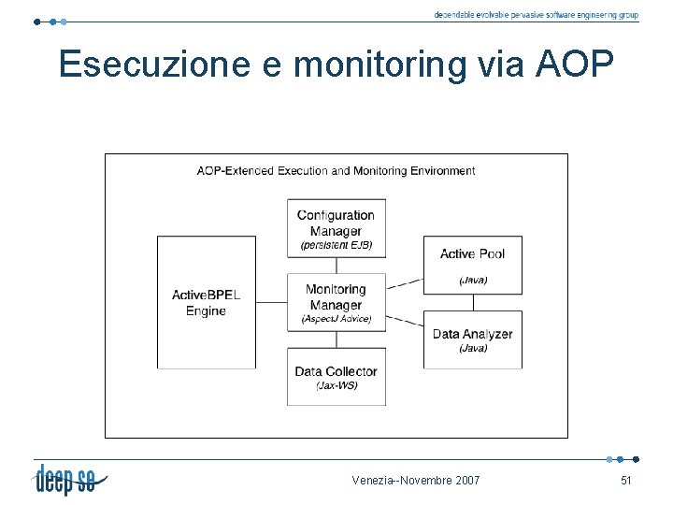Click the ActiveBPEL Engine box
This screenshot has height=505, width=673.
pyautogui.click(x=206, y=302)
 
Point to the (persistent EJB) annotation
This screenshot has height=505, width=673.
pyautogui.click(x=336, y=245)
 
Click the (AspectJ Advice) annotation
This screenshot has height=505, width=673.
pyautogui.click(x=336, y=319)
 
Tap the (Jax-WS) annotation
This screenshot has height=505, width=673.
pyautogui.click(x=336, y=385)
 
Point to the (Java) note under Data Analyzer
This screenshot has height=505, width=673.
pyautogui.click(x=473, y=349)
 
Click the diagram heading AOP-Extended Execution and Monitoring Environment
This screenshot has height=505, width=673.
pyautogui.click(x=336, y=170)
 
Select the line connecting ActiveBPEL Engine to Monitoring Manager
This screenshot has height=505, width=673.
pyautogui.click(x=271, y=302)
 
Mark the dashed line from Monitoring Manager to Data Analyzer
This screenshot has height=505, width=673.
pyautogui.click(x=405, y=319)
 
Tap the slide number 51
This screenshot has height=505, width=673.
pyautogui.click(x=626, y=481)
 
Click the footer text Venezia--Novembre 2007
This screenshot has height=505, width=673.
pyautogui.click(x=416, y=481)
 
